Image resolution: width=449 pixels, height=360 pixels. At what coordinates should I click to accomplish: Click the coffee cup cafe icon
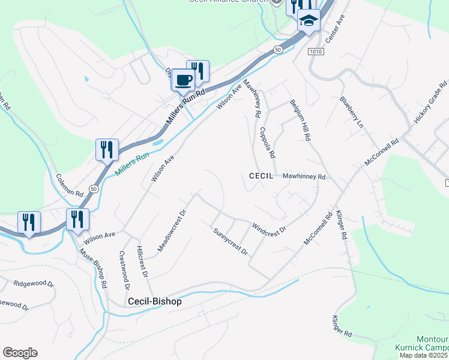(x=183, y=80)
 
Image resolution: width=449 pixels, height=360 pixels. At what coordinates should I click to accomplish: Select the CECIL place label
(x=261, y=176)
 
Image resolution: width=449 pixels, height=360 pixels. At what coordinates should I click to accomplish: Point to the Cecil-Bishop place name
(x=154, y=302)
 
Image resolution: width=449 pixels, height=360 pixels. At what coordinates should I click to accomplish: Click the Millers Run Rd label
(x=185, y=107)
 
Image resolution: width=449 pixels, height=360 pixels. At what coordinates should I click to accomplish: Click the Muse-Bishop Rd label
(x=93, y=267)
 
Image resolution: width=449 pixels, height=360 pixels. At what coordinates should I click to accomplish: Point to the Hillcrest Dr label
(x=142, y=262)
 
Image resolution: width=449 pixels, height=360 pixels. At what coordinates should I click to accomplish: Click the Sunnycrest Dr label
(x=231, y=241)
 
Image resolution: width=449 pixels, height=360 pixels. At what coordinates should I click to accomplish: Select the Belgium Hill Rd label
(x=300, y=120)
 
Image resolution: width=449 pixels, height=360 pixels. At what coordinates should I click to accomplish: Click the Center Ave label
(x=335, y=29)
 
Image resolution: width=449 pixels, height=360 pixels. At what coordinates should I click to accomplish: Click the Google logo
(x=20, y=353)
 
